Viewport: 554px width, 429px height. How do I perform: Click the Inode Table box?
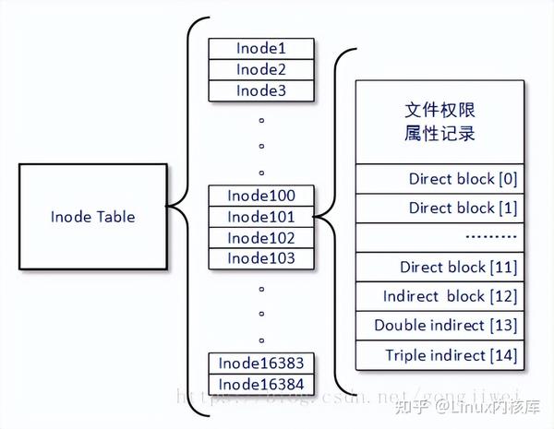[92, 217]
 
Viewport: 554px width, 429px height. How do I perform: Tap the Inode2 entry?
[261, 69]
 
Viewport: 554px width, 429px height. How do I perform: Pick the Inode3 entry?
[261, 89]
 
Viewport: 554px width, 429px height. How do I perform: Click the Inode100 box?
[261, 197]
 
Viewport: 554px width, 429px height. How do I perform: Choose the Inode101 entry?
[261, 217]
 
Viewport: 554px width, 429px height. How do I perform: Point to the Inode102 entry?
[261, 237]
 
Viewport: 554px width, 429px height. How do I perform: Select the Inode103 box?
[261, 258]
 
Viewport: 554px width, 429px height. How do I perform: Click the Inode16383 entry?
[261, 363]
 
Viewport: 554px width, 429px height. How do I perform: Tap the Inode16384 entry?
[261, 384]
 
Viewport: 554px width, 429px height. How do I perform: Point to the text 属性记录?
[440, 134]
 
